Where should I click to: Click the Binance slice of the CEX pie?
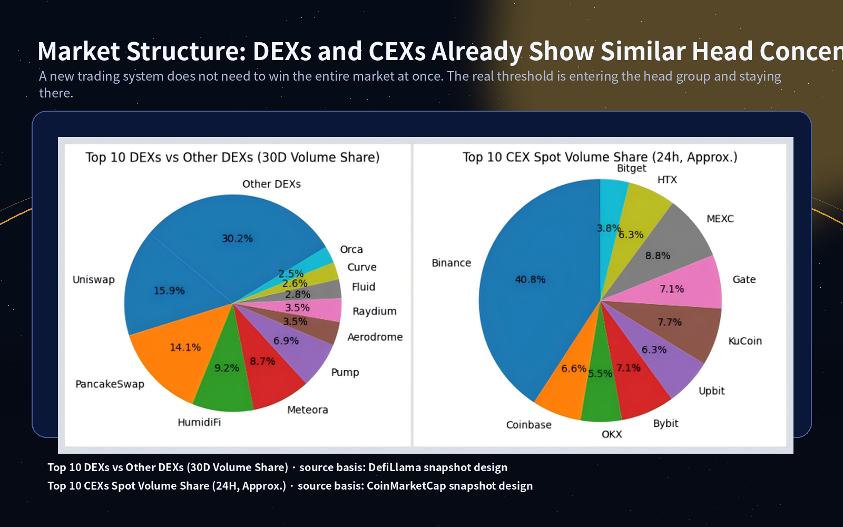click(x=522, y=316)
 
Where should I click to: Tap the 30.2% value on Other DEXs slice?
click(x=237, y=238)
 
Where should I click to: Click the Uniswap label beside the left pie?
click(x=93, y=280)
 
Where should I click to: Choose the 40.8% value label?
click(x=530, y=279)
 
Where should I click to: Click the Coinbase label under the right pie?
click(x=528, y=425)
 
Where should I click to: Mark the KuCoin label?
click(x=745, y=341)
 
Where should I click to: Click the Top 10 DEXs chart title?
click(x=232, y=157)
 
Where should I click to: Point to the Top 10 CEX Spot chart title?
click(x=600, y=157)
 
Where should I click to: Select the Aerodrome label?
click(x=375, y=337)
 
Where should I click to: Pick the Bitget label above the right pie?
click(x=631, y=168)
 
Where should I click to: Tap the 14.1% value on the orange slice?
click(x=185, y=347)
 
